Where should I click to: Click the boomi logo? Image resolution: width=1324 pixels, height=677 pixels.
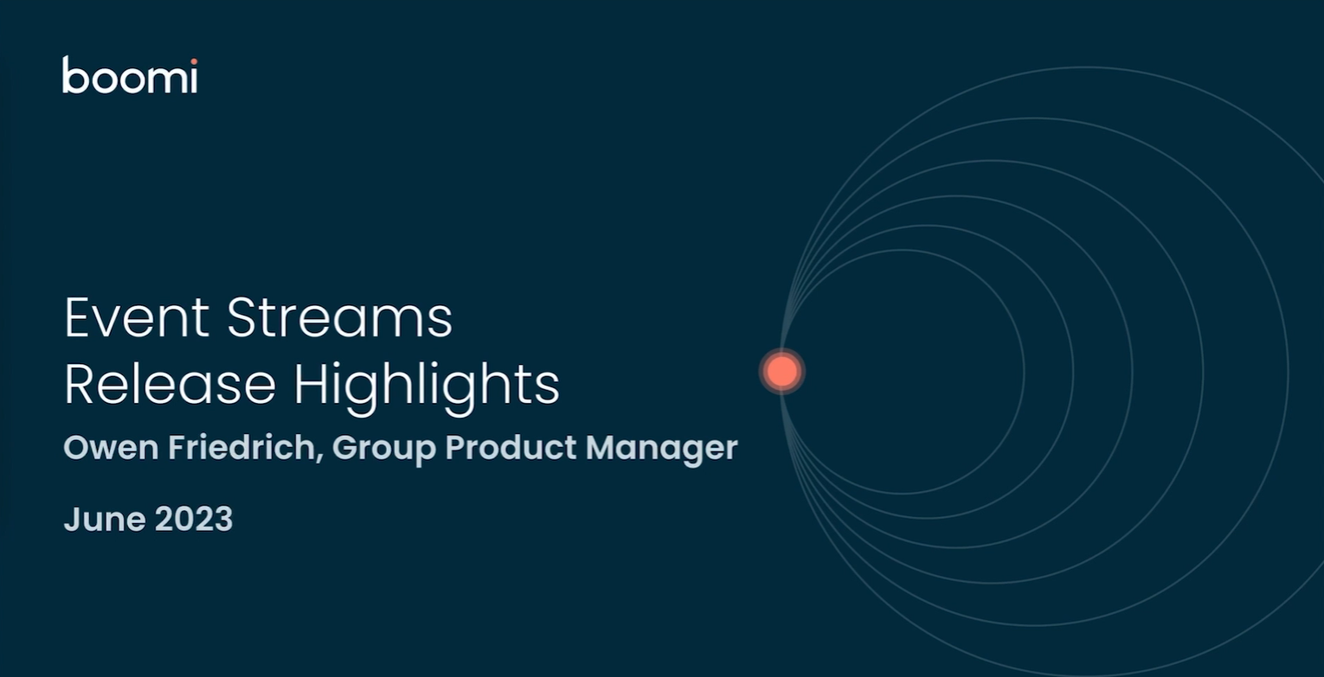[130, 75]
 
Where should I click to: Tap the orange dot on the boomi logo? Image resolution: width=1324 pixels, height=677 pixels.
[194, 61]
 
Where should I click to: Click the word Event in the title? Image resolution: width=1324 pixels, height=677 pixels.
[137, 317]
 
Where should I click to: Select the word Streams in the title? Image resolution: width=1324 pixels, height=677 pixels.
[339, 317]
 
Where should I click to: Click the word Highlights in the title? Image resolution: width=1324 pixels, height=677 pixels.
[427, 386]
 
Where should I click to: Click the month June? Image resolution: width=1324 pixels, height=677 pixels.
[104, 520]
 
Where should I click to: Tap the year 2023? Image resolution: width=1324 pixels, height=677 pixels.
[194, 520]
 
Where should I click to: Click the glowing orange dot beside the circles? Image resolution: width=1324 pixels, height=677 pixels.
[782, 371]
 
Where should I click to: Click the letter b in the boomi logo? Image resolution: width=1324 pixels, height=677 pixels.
[73, 75]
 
